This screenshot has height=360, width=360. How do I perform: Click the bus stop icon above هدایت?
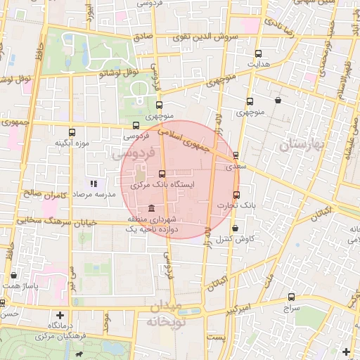[x=259, y=53]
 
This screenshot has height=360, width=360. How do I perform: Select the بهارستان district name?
[x=304, y=145]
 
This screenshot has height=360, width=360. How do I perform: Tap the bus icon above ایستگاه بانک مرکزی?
[x=162, y=174]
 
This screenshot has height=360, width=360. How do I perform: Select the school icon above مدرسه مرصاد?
[x=94, y=184]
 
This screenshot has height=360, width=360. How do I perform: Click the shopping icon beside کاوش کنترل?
[x=235, y=228]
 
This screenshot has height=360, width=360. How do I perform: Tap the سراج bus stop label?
[x=291, y=309]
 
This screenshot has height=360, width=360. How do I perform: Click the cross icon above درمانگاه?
[x=60, y=315]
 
